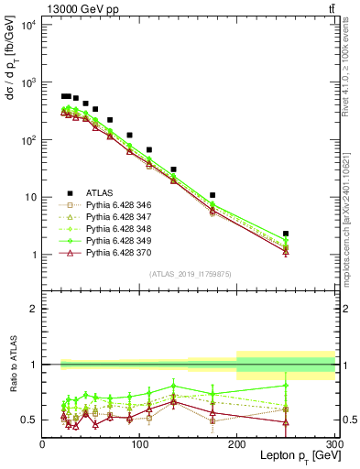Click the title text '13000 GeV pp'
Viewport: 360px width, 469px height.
pyautogui.click(x=80, y=10)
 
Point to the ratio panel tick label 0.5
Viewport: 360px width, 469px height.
pyautogui.click(x=30, y=420)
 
